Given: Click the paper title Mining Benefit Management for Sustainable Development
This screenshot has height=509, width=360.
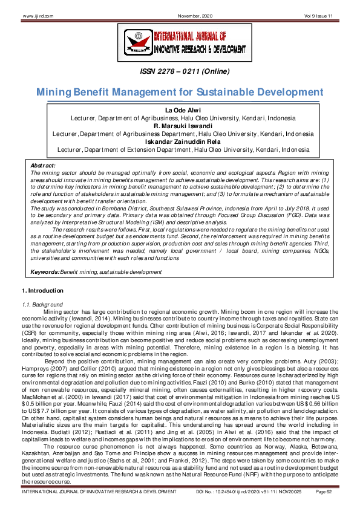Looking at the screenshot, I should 180,93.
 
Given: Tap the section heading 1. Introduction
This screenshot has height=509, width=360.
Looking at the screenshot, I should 38,292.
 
